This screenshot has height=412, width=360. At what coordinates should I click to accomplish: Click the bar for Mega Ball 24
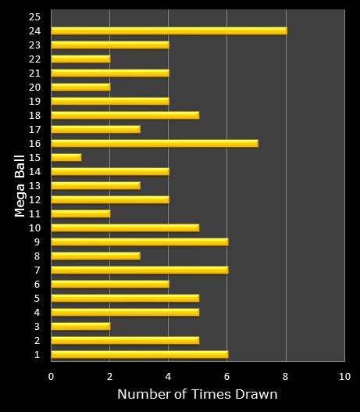pyautogui.click(x=169, y=30)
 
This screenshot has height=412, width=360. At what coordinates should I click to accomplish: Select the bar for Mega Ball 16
pyautogui.click(x=154, y=143)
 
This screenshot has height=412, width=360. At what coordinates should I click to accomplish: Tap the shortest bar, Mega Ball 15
pyautogui.click(x=66, y=157)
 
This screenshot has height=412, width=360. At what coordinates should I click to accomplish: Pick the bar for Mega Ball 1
pyautogui.click(x=139, y=354)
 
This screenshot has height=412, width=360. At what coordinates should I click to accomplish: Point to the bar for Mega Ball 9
pyautogui.click(x=139, y=242)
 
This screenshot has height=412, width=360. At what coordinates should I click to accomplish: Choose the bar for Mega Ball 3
pyautogui.click(x=80, y=326)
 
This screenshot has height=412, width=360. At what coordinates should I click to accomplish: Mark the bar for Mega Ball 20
pyautogui.click(x=80, y=87)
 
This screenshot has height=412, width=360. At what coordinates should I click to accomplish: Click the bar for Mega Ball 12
pyautogui.click(x=109, y=199)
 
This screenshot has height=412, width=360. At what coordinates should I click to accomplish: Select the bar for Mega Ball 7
pyautogui.click(x=139, y=270)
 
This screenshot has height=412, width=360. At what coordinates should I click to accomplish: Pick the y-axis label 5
pyautogui.click(x=36, y=298)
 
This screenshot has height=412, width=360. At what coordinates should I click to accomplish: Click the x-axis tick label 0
pyautogui.click(x=51, y=376)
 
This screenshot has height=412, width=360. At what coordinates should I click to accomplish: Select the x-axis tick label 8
pyautogui.click(x=286, y=376)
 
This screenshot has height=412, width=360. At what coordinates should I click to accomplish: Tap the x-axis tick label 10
pyautogui.click(x=344, y=376)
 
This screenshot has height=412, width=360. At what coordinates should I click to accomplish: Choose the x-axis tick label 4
pyautogui.click(x=168, y=376)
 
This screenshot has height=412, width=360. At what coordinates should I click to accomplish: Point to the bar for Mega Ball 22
pyautogui.click(x=80, y=59)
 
